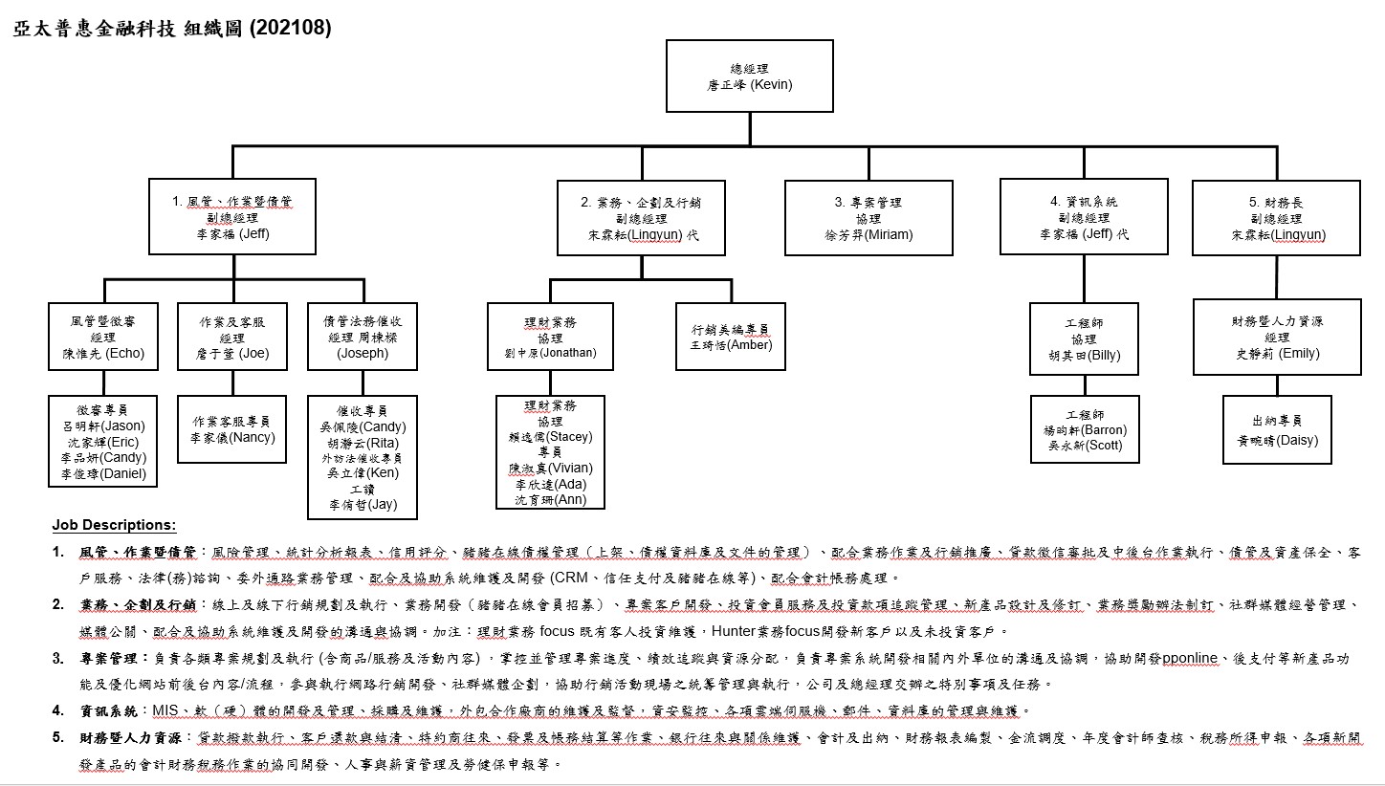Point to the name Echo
click(x=124, y=353)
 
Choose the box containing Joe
click(x=232, y=337)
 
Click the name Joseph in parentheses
click(x=363, y=353)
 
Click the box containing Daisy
click(x=1277, y=429)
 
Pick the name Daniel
click(x=124, y=473)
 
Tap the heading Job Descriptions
click(x=114, y=525)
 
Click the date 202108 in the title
click(x=290, y=29)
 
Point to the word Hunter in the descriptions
click(x=730, y=632)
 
